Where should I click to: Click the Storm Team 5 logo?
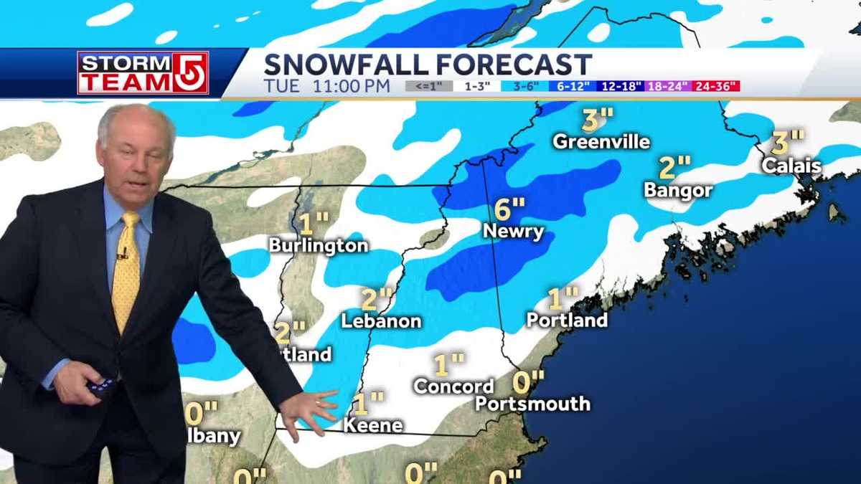coord(143,72)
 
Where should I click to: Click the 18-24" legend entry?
coord(669,87)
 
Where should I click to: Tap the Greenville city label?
coord(601,141)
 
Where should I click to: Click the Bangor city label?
coord(678,190)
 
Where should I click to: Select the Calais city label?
coord(791,166)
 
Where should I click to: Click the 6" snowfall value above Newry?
coord(509,209)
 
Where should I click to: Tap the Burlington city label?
coord(318,245)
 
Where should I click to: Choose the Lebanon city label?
coord(380,321)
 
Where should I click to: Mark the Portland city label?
coord(567,319)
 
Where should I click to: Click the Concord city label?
coord(453,386)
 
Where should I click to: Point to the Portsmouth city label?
coord(532,404)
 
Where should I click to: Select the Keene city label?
coord(372,424)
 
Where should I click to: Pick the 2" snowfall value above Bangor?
coord(674,168)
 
